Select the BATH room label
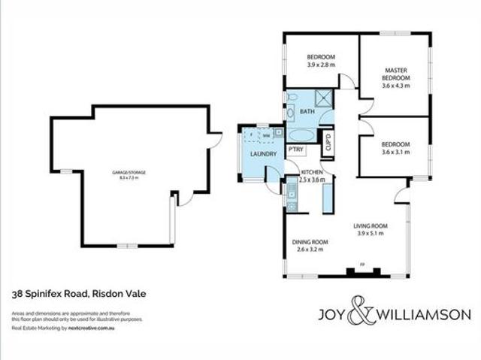click(x=307, y=112)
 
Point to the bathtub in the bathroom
click(x=304, y=136)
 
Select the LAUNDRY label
click(x=254, y=155)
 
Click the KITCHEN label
click(x=312, y=172)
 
